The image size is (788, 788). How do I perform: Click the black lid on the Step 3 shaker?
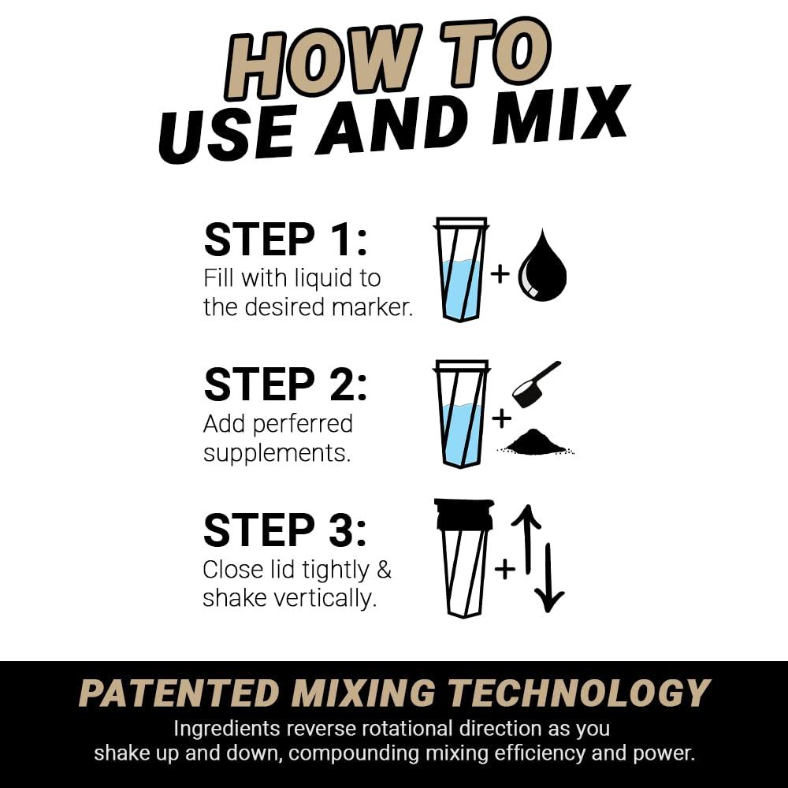click(464, 513)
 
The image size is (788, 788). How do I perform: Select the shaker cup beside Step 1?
click(462, 269)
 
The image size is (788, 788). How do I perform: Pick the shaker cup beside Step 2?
click(462, 413)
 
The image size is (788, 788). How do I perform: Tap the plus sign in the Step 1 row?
click(500, 273)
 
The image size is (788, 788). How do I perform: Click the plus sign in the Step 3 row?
click(504, 568)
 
